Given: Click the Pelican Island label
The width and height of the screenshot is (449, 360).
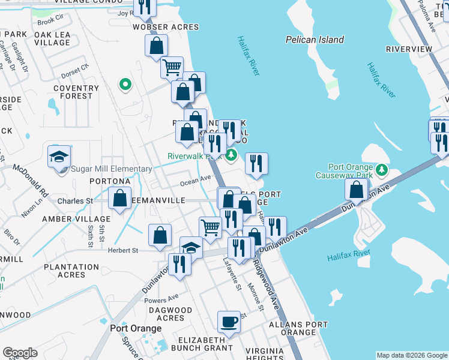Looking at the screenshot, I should (x=314, y=40).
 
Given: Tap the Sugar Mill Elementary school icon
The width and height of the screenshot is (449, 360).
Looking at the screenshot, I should (x=59, y=157).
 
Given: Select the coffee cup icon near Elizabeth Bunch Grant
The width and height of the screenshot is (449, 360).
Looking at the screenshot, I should (x=228, y=321).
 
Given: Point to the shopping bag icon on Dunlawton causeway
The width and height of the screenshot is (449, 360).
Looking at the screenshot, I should (x=357, y=190).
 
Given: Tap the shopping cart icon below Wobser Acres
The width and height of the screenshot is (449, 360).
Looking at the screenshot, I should (x=172, y=67).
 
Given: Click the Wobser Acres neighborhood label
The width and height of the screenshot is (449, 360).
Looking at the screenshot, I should (x=157, y=28).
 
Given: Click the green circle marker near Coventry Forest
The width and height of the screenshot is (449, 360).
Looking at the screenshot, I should (x=125, y=85).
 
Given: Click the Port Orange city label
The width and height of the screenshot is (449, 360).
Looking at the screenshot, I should (x=136, y=329).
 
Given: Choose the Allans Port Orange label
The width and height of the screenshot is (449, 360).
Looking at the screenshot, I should (x=298, y=328).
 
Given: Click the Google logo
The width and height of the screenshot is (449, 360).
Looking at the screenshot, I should (x=20, y=353).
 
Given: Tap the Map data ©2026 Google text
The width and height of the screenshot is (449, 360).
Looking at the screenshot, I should (x=411, y=355).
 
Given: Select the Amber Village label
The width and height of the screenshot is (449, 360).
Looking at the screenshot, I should (x=76, y=219).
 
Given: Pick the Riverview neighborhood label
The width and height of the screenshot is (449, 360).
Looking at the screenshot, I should (x=409, y=49).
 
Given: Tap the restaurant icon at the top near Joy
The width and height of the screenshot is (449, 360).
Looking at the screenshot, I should (x=145, y=7).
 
